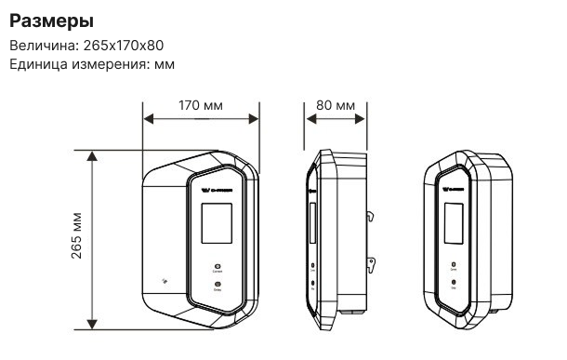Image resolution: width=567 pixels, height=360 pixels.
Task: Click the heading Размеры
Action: (52, 20)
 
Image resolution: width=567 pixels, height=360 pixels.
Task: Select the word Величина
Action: (39, 46)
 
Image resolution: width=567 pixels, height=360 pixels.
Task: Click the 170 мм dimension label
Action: (200, 105)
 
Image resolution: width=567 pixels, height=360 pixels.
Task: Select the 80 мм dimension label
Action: (335, 105)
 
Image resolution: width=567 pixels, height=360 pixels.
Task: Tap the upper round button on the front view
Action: (217, 264)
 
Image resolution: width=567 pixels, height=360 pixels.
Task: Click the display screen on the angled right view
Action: (453, 228)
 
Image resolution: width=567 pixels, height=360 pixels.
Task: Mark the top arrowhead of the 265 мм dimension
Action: (91, 154)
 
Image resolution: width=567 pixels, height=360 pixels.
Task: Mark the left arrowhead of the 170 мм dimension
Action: (146, 118)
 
